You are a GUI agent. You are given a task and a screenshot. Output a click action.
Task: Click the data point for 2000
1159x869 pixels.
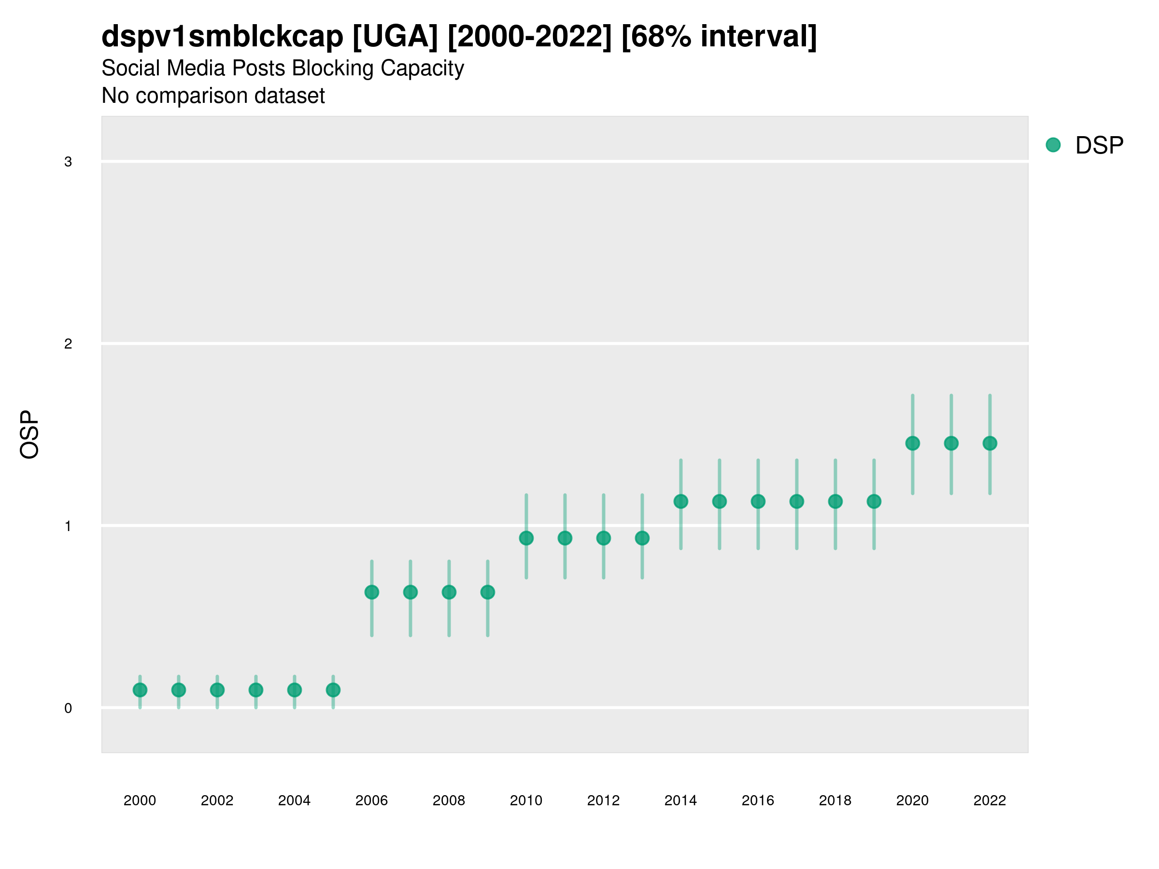tap(140, 690)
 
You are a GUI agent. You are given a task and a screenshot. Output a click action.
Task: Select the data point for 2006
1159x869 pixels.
tap(371, 592)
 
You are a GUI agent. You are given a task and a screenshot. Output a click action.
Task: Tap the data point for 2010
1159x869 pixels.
tap(526, 538)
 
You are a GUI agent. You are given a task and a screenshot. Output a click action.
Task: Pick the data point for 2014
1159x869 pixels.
tap(680, 501)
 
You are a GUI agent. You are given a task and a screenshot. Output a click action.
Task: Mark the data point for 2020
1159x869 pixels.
tap(912, 443)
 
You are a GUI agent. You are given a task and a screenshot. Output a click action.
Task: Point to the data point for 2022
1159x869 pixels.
tap(990, 443)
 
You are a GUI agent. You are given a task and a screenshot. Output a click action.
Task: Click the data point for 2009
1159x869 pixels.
tap(487, 592)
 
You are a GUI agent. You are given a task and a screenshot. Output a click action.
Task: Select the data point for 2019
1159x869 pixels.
tap(874, 501)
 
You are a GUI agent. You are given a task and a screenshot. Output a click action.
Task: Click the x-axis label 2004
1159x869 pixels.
tap(294, 800)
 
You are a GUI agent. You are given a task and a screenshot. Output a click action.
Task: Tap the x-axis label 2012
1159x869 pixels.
tap(603, 800)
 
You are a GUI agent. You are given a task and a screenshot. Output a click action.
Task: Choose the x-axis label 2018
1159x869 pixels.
tap(834, 800)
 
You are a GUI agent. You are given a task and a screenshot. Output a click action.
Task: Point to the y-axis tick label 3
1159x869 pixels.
tap(68, 162)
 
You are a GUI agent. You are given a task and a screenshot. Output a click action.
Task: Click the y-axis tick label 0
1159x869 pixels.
tap(68, 708)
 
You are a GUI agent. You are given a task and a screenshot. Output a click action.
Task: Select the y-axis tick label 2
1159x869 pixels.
tap(68, 344)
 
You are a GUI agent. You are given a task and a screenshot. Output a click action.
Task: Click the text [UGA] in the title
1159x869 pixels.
tap(395, 37)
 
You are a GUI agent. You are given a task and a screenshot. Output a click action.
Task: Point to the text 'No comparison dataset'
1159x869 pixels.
tap(213, 96)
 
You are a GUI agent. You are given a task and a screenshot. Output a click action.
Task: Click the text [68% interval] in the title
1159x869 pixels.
tap(719, 37)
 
